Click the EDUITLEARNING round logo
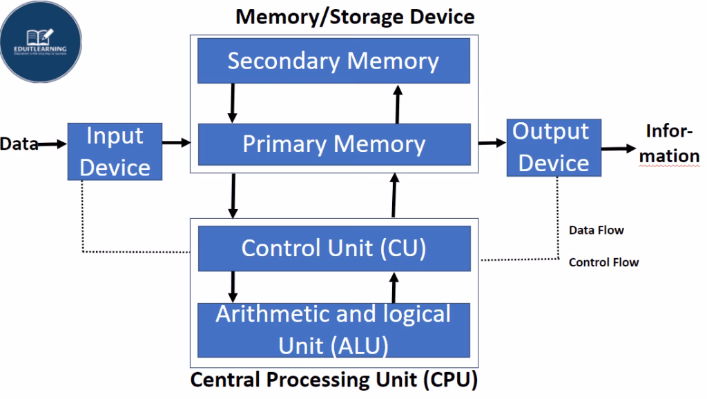(x=41, y=42)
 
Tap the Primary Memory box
(x=333, y=144)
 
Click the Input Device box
(x=115, y=151)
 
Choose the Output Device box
(x=554, y=146)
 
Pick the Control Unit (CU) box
(x=333, y=248)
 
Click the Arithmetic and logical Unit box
(x=333, y=329)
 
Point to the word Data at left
(x=18, y=144)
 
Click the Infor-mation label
(x=668, y=143)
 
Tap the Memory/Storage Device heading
(x=355, y=16)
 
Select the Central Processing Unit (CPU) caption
(x=333, y=380)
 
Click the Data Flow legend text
(x=596, y=230)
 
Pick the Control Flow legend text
(x=603, y=262)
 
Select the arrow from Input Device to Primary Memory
(x=176, y=142)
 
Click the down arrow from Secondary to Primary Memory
(x=233, y=102)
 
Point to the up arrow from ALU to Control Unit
(x=394, y=287)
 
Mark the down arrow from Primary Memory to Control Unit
(x=233, y=195)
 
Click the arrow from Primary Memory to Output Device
(x=492, y=142)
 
